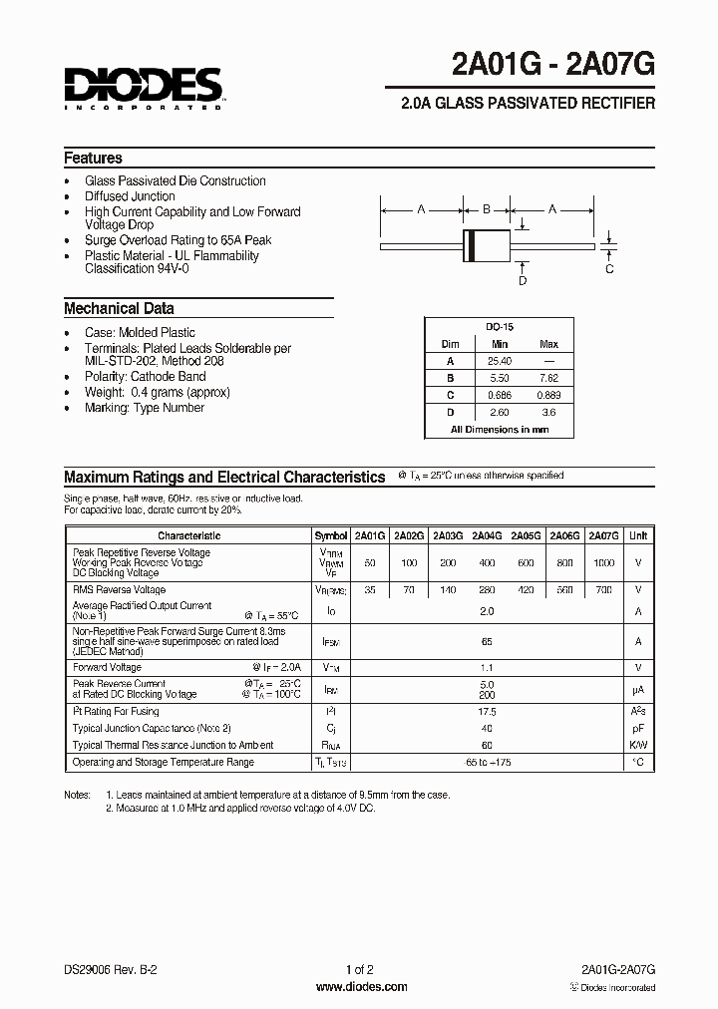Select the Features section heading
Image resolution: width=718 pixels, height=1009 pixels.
pos(94,158)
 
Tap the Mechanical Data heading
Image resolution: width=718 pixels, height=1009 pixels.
pos(119,308)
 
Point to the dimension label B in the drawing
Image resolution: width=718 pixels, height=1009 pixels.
pos(487,209)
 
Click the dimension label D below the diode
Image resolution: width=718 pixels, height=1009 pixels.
pos(522,281)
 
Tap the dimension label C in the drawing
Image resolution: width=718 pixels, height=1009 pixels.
pos(609,268)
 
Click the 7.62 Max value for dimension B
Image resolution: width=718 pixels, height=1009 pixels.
pos(548,379)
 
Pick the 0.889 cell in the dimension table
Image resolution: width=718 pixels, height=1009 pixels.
pos(548,396)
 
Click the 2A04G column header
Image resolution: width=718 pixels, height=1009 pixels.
pos(487,535)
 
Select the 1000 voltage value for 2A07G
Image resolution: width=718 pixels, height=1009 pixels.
pos(604,562)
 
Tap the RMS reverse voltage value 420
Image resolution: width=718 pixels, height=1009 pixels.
pos(526,589)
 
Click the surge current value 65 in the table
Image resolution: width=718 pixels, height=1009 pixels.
pos(487,643)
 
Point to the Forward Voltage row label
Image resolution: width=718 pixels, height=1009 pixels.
pos(103,667)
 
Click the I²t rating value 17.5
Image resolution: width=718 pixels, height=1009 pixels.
pos(487,712)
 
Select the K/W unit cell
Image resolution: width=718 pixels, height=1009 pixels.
pos(638,745)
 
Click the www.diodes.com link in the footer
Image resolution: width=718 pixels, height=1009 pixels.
pos(361,987)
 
